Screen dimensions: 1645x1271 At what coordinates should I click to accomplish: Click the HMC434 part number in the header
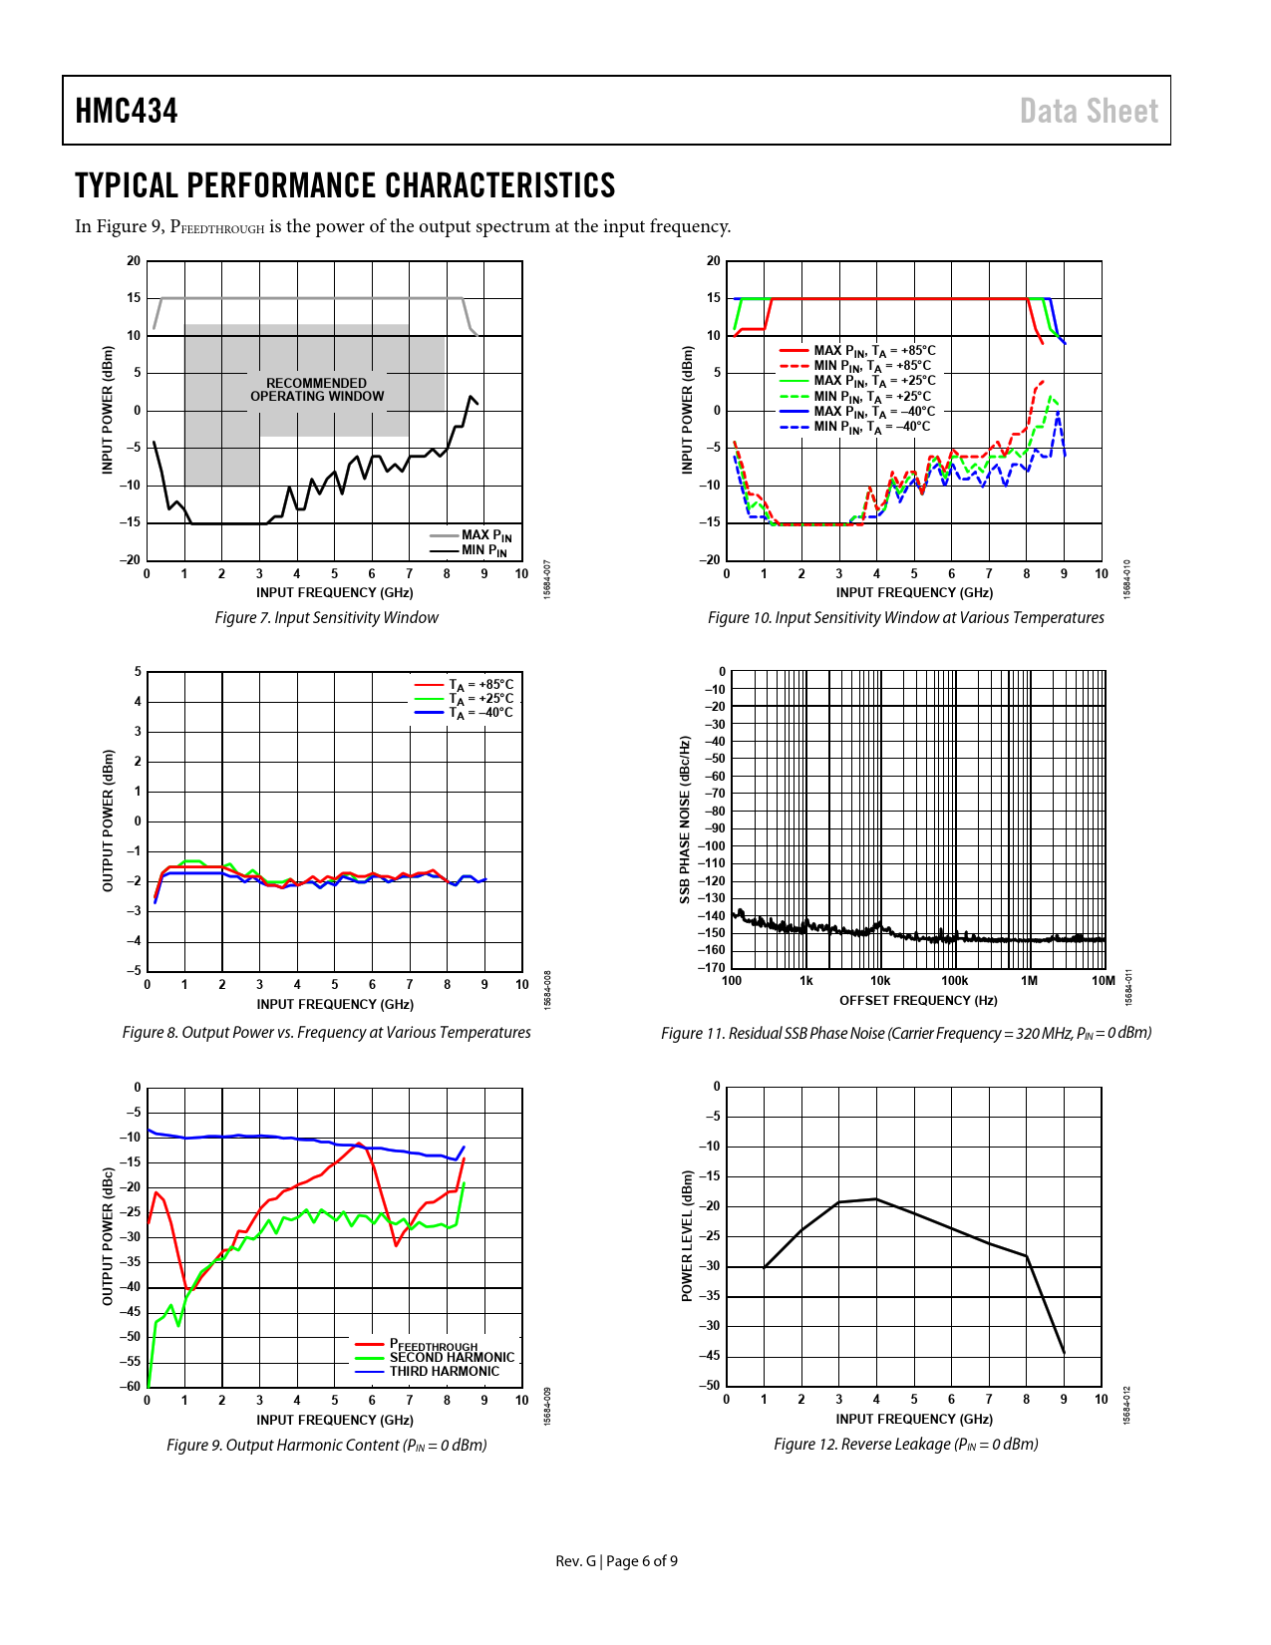pyautogui.click(x=127, y=111)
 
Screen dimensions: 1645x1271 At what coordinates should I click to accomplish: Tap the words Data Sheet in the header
pyautogui.click(x=1089, y=111)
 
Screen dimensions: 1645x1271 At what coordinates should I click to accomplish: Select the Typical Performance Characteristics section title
pyautogui.click(x=345, y=185)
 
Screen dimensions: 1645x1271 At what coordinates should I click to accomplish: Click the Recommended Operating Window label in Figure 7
pyautogui.click(x=317, y=390)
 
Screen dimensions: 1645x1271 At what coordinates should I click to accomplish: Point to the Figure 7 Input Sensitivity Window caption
pyautogui.click(x=326, y=618)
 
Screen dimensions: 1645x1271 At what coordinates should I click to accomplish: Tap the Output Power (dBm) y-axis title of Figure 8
pyautogui.click(x=108, y=821)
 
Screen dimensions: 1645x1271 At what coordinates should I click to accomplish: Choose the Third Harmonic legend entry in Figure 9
pyautogui.click(x=444, y=1372)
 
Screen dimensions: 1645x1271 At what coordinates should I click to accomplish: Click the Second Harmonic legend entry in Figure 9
pyautogui.click(x=452, y=1358)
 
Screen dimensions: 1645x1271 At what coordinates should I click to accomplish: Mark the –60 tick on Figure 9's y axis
pyautogui.click(x=131, y=1387)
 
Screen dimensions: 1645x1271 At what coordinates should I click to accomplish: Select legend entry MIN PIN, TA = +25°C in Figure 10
pyautogui.click(x=872, y=396)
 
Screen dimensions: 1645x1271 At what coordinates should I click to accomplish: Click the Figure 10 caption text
pyautogui.click(x=905, y=618)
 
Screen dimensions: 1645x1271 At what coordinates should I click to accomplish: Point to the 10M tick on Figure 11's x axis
pyautogui.click(x=1103, y=981)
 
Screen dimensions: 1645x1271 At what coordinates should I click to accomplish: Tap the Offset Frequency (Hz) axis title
pyautogui.click(x=918, y=1001)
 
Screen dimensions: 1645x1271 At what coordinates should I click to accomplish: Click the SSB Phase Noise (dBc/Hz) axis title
pyautogui.click(x=685, y=820)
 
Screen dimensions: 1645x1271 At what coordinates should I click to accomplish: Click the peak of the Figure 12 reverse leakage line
pyautogui.click(x=876, y=1199)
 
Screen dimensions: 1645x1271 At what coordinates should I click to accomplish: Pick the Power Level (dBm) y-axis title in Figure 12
pyautogui.click(x=687, y=1235)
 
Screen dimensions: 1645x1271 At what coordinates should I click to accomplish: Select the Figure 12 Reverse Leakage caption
pyautogui.click(x=905, y=1445)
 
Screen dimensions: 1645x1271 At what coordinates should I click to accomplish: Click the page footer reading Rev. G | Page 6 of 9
pyautogui.click(x=616, y=1561)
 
